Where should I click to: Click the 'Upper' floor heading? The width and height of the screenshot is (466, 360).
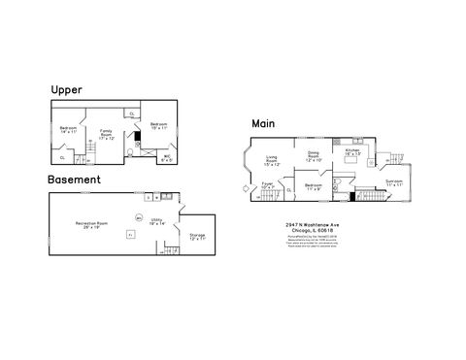point(65,90)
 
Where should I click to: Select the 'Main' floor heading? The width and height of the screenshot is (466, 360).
point(263,123)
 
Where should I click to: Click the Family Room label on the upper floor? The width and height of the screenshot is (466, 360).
point(106,133)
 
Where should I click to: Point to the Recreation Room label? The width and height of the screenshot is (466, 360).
point(91,224)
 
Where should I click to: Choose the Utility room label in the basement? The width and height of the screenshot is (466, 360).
point(156,221)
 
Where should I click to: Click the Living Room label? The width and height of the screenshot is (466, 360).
point(273,161)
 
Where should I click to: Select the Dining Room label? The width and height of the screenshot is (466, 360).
point(314,156)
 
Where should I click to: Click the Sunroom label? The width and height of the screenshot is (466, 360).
point(393,182)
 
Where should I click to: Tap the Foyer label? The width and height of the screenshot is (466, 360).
point(268,185)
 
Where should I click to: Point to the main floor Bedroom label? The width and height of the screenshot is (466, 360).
point(313,186)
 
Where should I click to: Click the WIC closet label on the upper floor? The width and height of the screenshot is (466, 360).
point(167,158)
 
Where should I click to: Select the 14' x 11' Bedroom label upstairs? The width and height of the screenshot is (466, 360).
point(68,130)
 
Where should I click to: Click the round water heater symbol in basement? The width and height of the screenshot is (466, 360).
point(139,216)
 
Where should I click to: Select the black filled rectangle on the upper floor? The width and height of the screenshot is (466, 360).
point(137,136)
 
